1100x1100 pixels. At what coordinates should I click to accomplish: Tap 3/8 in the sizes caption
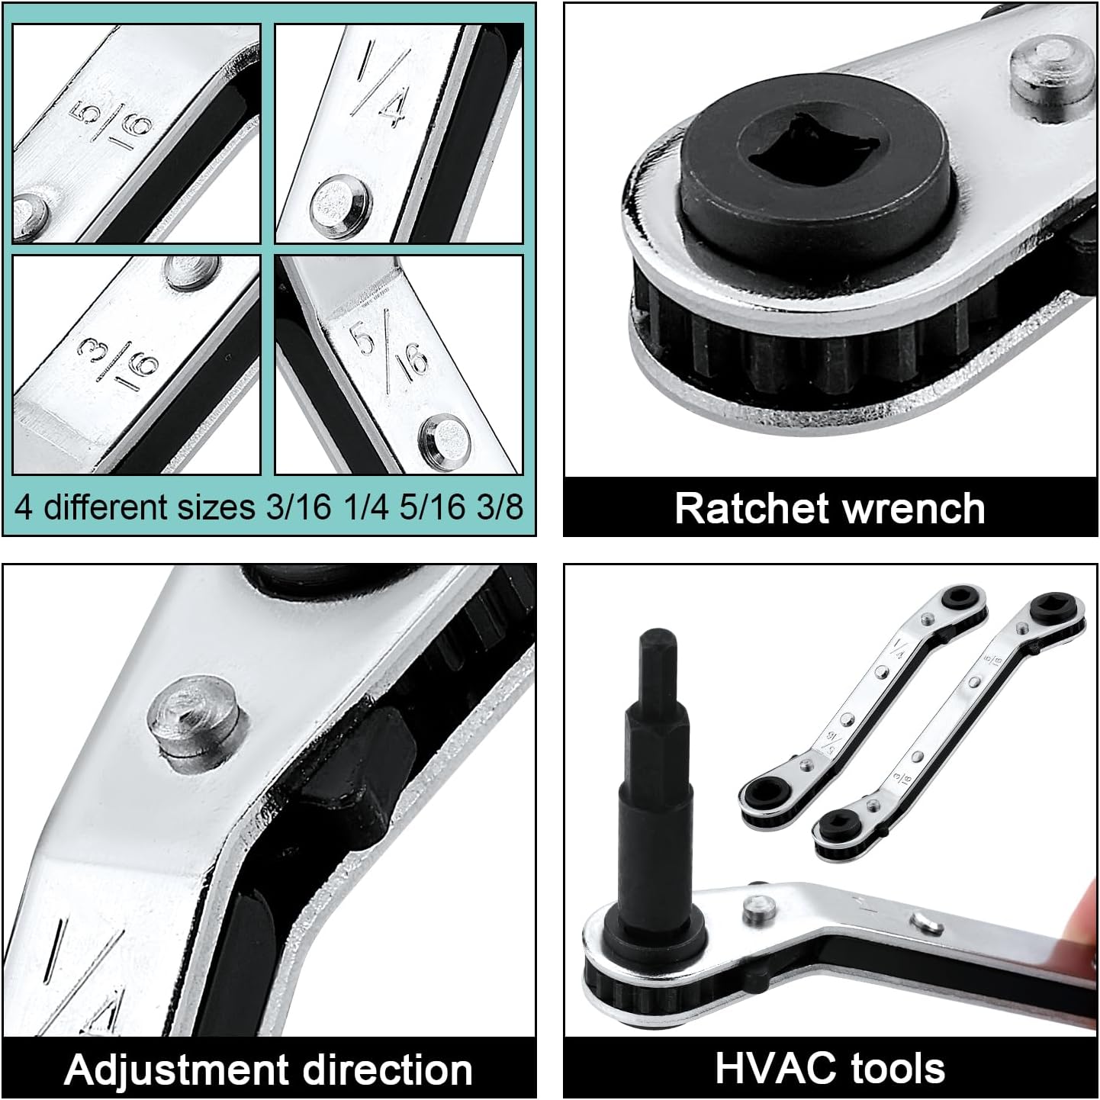pos(500,507)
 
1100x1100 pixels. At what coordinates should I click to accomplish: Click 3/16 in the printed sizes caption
pos(298,507)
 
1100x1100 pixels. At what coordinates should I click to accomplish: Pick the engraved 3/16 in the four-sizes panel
pos(117,362)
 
